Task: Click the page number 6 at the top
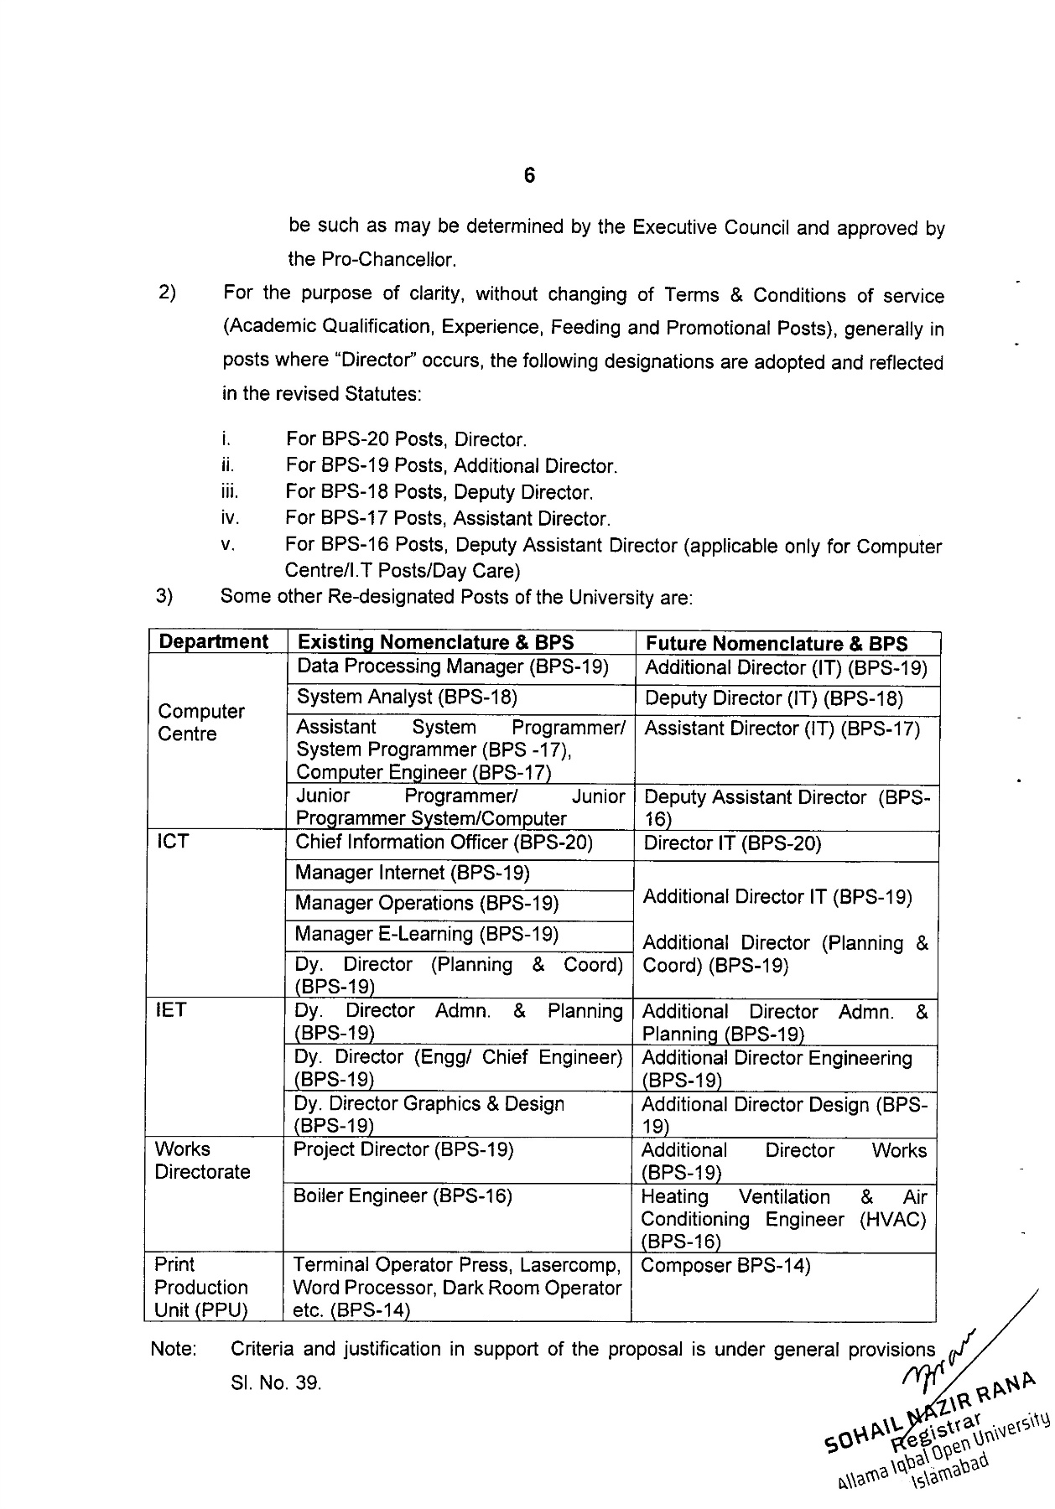pyautogui.click(x=529, y=176)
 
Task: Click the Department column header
pyautogui.click(x=214, y=642)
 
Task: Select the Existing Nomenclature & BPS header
pyautogui.click(x=436, y=643)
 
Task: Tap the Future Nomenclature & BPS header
pyautogui.click(x=777, y=644)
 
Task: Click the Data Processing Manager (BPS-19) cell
pyautogui.click(x=453, y=667)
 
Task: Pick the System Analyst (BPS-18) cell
pyautogui.click(x=408, y=697)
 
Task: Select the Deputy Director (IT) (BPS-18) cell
pyautogui.click(x=774, y=699)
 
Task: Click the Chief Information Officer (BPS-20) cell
pyautogui.click(x=444, y=843)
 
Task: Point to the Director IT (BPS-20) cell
pyautogui.click(x=732, y=844)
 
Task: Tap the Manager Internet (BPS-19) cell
pyautogui.click(x=413, y=874)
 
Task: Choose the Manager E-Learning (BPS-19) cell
pyautogui.click(x=427, y=935)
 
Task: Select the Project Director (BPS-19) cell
pyautogui.click(x=403, y=1150)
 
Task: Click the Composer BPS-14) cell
pyautogui.click(x=725, y=1266)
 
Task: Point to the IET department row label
pyautogui.click(x=170, y=1011)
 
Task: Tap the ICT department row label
pyautogui.click(x=173, y=842)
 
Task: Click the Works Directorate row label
pyautogui.click(x=202, y=1161)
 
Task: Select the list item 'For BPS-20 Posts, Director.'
pyautogui.click(x=406, y=439)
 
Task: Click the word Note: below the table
pyautogui.click(x=174, y=1350)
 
